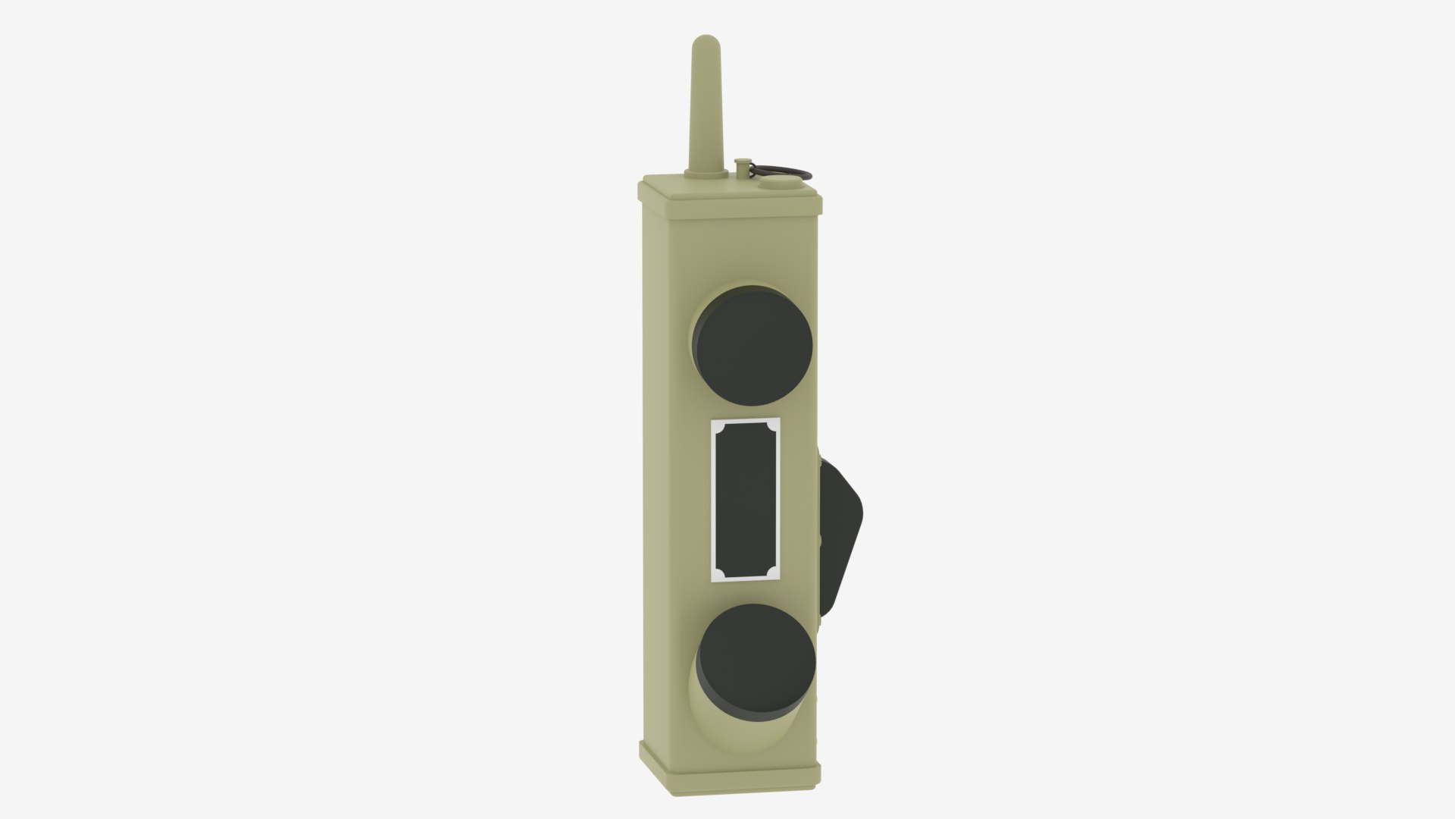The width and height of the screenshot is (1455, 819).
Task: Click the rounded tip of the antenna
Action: point(704,41)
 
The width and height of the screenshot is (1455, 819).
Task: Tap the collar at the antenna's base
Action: point(704,175)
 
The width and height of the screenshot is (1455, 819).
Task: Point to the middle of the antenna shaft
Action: point(704,106)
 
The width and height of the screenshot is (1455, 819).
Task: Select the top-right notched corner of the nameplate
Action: point(774,425)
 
